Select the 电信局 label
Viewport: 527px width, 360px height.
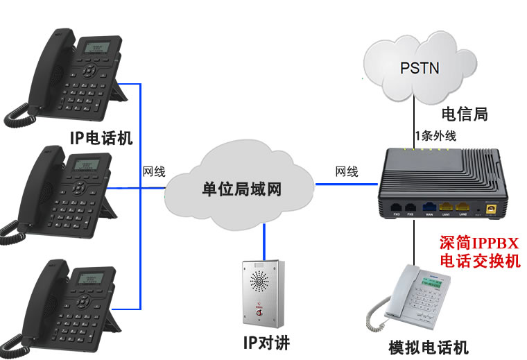click(464, 114)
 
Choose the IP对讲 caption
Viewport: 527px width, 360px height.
click(266, 343)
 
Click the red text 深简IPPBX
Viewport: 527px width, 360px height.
click(479, 243)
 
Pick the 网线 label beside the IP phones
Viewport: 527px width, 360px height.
click(154, 171)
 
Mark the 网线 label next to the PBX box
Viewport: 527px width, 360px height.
click(346, 171)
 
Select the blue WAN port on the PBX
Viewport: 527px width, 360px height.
click(429, 206)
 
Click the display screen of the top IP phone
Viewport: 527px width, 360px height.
click(94, 49)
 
